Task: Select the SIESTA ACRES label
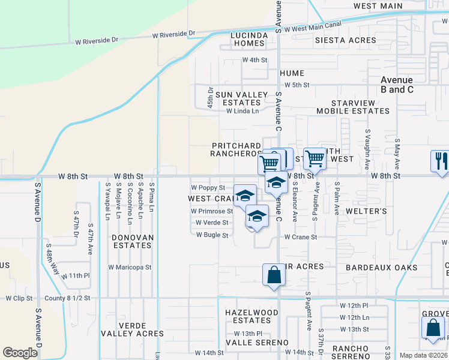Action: [x=345, y=40]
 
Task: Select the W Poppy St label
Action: [x=208, y=188]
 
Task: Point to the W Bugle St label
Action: [x=212, y=235]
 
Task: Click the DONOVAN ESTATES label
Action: [x=133, y=242]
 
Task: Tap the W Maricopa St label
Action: [x=130, y=267]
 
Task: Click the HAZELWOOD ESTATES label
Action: [x=252, y=317]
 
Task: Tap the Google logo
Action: [x=20, y=353]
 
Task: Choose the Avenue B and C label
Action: [x=397, y=85]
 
